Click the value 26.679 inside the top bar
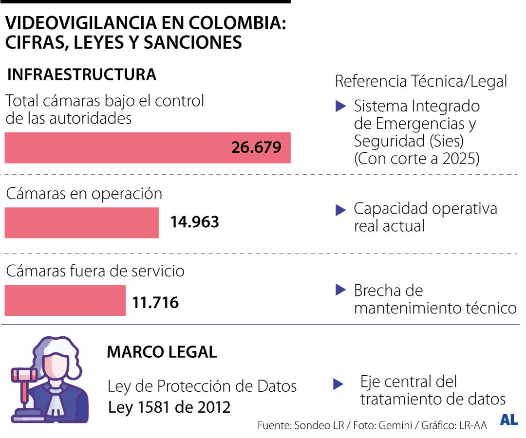[256, 147]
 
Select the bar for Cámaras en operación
[81, 223]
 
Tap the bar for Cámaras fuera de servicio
[65, 300]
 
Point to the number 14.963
[194, 222]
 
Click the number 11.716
[155, 303]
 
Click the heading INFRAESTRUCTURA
[82, 75]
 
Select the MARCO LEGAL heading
[162, 352]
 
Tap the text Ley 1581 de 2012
[169, 407]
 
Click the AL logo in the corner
[508, 420]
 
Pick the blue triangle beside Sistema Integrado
[341, 107]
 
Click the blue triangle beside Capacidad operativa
[341, 210]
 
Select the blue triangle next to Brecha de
[341, 291]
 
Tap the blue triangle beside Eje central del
[338, 384]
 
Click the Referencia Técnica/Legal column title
[421, 81]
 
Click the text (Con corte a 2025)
[416, 159]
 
